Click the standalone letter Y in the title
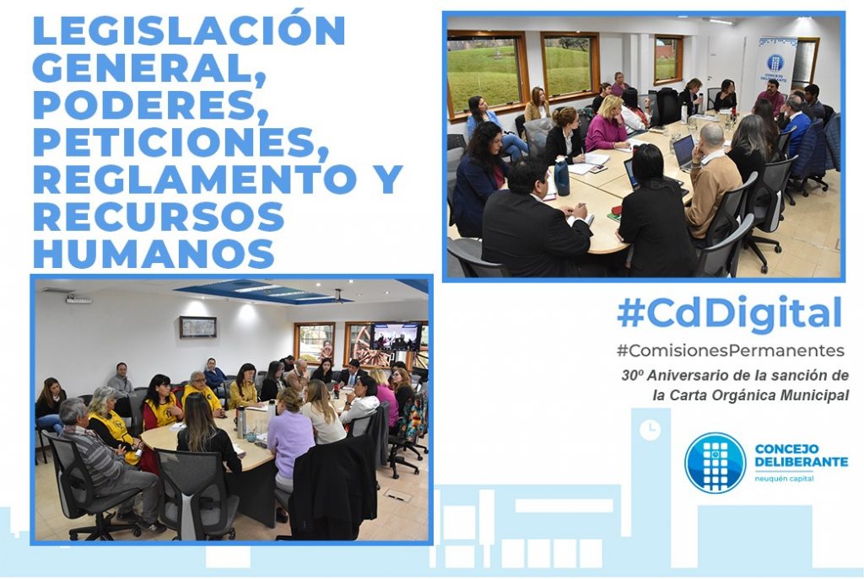(389, 179)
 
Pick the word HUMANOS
(154, 253)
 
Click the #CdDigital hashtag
(730, 314)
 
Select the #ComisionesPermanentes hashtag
(731, 351)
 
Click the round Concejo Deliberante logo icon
(715, 463)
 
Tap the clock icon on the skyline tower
(651, 430)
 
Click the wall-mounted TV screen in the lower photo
(397, 337)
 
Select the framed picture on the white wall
(197, 328)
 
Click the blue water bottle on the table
(561, 176)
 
